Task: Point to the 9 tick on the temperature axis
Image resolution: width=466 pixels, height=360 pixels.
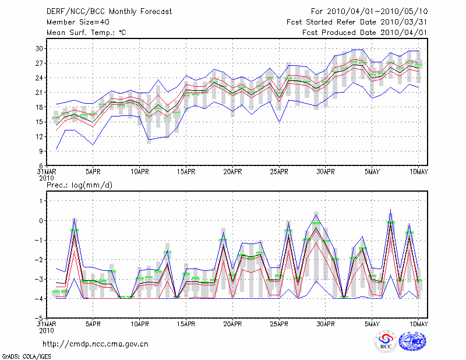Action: pos(41,151)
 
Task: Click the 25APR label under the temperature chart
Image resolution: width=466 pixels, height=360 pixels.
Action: pos(279,172)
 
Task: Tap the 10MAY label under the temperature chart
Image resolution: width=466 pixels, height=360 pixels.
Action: pos(419,172)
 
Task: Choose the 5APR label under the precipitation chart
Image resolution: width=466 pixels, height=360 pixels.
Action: pos(93,324)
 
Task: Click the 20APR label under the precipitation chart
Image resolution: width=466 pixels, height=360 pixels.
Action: pos(232,324)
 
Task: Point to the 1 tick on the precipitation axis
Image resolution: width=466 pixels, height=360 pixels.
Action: pos(41,201)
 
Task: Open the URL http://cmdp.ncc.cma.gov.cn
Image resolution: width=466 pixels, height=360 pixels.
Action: pos(96,344)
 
